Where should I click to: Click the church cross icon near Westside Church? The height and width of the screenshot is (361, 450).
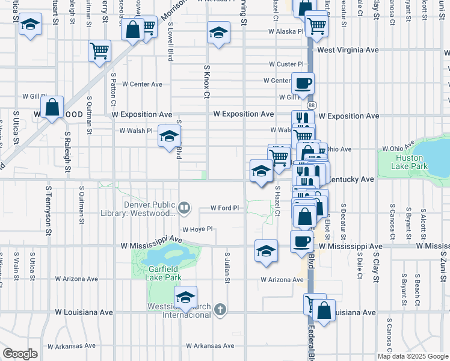click(x=221, y=310)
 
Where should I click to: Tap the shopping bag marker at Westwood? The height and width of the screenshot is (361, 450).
click(x=53, y=108)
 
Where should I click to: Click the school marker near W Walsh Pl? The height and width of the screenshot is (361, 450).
click(x=170, y=136)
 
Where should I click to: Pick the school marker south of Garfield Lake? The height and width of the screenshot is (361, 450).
click(x=185, y=297)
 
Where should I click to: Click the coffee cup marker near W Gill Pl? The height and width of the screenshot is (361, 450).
click(x=303, y=83)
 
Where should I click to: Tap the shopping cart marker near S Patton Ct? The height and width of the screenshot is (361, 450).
click(x=100, y=51)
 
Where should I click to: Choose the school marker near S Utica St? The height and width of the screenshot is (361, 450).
click(x=29, y=26)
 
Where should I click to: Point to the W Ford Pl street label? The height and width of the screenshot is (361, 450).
click(x=225, y=208)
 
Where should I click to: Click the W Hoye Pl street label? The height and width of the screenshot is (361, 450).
click(x=198, y=229)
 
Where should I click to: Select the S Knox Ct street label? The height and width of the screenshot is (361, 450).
click(x=207, y=82)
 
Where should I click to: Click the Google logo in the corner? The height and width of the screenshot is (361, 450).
click(x=20, y=354)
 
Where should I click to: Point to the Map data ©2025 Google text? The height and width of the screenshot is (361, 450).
click(x=411, y=356)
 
